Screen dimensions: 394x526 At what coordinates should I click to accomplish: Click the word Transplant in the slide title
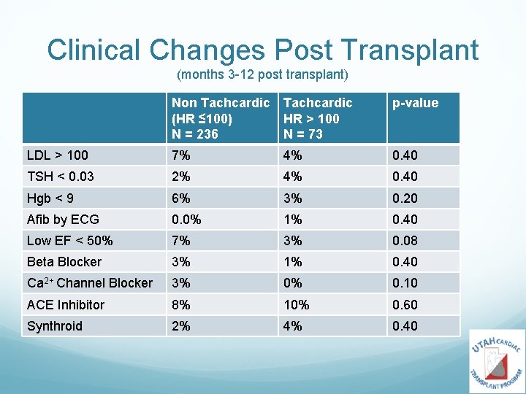[413, 50]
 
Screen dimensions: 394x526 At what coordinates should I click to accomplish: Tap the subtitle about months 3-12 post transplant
[262, 75]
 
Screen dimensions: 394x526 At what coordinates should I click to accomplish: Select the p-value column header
[415, 103]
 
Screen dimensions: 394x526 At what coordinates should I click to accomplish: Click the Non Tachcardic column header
[220, 103]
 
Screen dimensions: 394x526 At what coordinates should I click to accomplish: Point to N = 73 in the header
[302, 134]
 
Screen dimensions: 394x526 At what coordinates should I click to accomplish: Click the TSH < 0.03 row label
[60, 177]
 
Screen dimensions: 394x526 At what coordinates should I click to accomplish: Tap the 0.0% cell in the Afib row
[186, 219]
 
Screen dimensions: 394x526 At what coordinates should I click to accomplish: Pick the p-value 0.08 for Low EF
[405, 240]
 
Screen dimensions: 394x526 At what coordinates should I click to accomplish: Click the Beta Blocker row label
[64, 262]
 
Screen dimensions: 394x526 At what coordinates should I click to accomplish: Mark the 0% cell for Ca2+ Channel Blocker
[293, 283]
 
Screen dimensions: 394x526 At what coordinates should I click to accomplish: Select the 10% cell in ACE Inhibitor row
[296, 304]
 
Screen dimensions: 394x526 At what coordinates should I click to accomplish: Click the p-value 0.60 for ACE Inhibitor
[405, 304]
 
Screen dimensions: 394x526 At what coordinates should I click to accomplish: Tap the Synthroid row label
[55, 326]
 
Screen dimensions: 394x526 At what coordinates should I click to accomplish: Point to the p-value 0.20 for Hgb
[405, 198]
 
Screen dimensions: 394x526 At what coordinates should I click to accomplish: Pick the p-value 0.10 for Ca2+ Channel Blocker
[405, 283]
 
